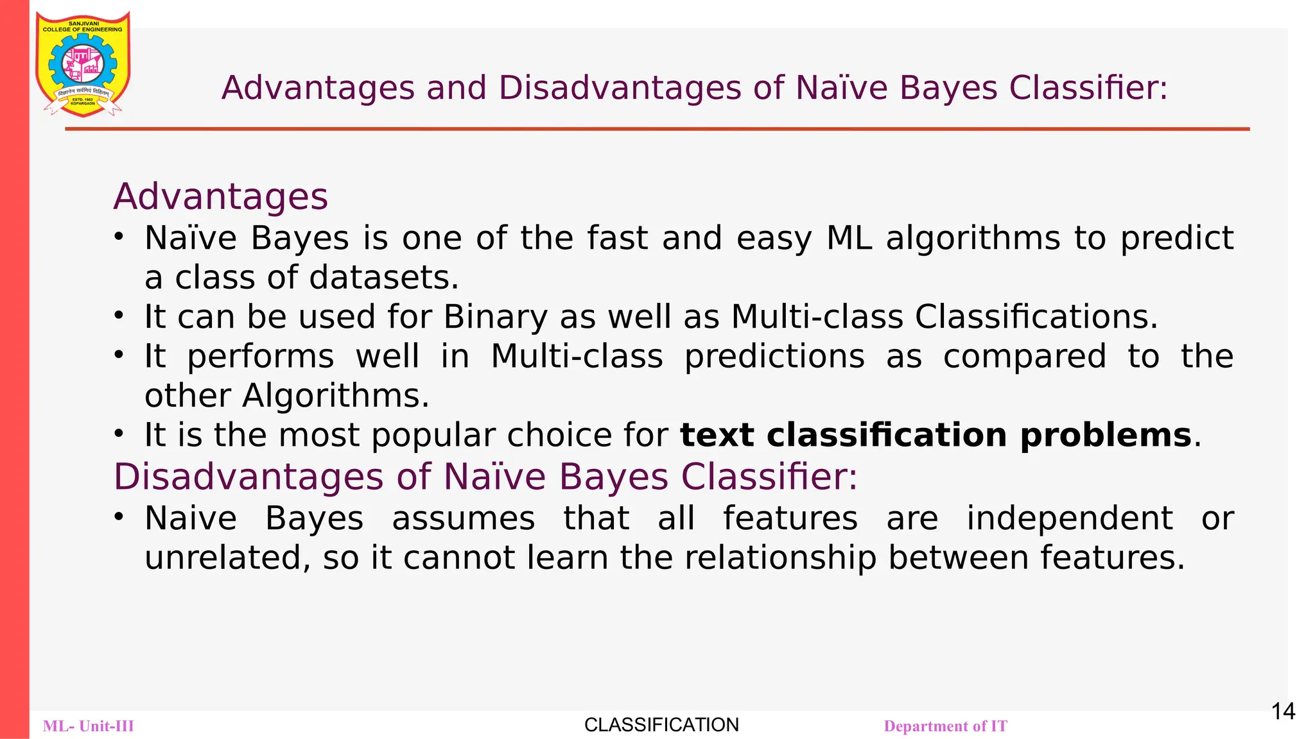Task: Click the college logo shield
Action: [x=83, y=64]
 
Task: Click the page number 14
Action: [x=1283, y=711]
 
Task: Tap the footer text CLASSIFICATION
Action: [x=661, y=725]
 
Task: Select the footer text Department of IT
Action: [x=945, y=726]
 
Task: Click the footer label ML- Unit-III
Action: [x=89, y=726]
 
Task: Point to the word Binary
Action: [x=495, y=317]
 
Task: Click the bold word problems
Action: [x=1106, y=435]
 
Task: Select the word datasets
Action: [x=384, y=278]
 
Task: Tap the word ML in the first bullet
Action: [x=849, y=238]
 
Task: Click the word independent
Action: [x=1070, y=518]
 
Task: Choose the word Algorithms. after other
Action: [x=335, y=396]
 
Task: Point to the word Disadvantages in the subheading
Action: [x=248, y=477]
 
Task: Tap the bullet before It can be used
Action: [x=118, y=316]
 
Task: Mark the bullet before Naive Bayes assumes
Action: [x=118, y=516]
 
